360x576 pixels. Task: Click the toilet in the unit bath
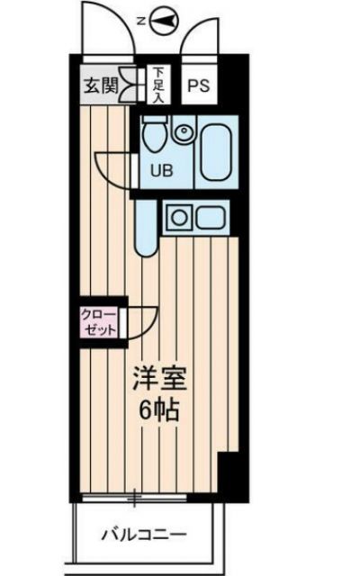[153, 138]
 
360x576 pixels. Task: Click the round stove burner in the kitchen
[178, 215]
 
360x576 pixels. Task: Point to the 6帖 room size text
[158, 411]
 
